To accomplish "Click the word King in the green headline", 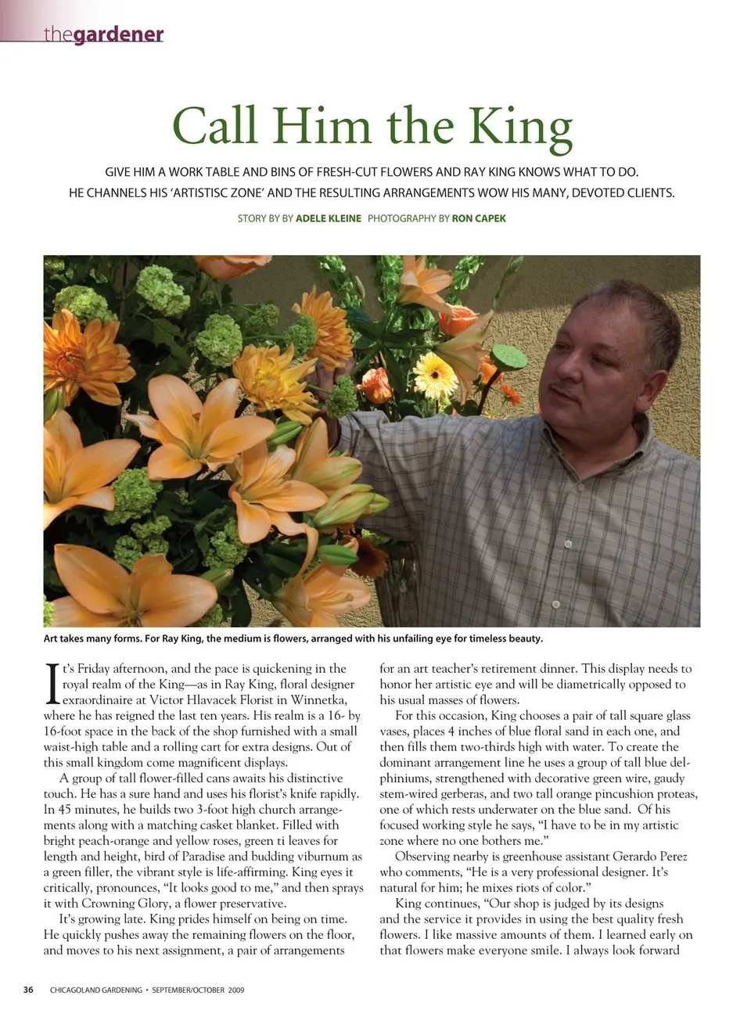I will (x=520, y=127).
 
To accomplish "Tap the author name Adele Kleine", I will (x=328, y=218).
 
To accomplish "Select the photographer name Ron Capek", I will (x=479, y=218).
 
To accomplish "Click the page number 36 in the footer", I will (x=28, y=990).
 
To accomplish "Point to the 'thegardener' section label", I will (x=103, y=34).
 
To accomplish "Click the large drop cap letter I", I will (x=52, y=682).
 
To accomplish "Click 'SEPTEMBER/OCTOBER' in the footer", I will (x=189, y=990).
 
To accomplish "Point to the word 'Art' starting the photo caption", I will (x=51, y=638).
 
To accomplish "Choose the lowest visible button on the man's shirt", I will (x=557, y=605).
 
